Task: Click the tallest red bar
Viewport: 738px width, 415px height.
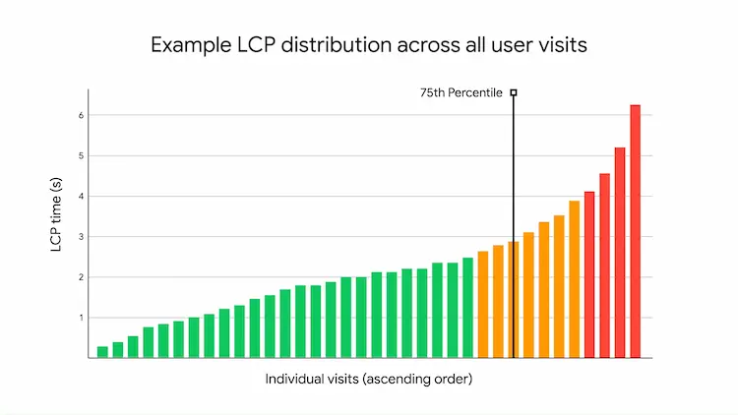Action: click(x=635, y=232)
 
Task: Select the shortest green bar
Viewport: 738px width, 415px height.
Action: click(x=102, y=352)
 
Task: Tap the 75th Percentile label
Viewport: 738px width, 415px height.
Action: click(x=461, y=93)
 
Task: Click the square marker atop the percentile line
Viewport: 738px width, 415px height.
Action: click(x=513, y=92)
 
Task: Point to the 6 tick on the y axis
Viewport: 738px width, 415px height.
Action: click(x=81, y=115)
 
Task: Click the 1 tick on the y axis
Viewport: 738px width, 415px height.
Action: click(x=81, y=318)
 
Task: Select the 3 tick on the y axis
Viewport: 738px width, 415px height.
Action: click(x=81, y=237)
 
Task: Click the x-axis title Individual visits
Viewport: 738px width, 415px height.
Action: click(x=369, y=380)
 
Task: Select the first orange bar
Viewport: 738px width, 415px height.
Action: click(x=482, y=305)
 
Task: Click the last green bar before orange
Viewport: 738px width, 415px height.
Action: click(x=467, y=308)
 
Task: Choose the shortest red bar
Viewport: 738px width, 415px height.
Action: click(x=589, y=275)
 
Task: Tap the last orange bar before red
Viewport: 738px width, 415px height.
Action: click(x=574, y=279)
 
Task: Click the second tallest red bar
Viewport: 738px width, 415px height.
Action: click(x=620, y=253)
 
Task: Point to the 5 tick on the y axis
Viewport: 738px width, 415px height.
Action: click(x=81, y=155)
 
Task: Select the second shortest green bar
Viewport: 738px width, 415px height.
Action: click(x=118, y=350)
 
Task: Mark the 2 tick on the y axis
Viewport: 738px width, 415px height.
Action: click(x=81, y=277)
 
